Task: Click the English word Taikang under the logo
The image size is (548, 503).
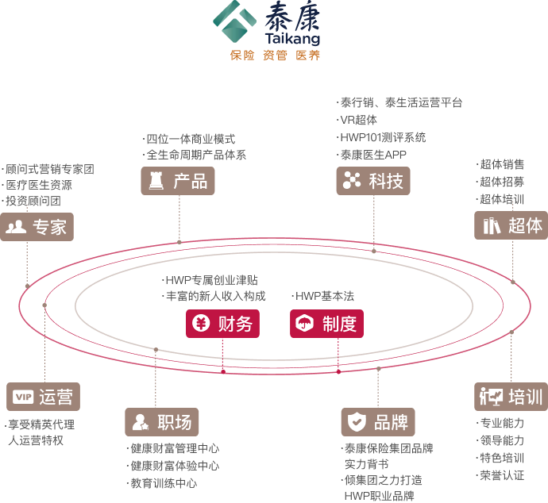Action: tap(291, 38)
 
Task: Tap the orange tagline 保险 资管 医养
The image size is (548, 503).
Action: tap(275, 56)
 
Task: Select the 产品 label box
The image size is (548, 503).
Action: tap(178, 181)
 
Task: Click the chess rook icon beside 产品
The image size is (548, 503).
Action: tap(156, 181)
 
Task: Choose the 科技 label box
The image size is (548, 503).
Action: tap(373, 181)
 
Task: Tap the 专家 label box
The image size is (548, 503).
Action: tap(37, 227)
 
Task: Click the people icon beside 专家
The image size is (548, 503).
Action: tap(16, 228)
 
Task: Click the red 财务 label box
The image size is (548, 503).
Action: tap(223, 324)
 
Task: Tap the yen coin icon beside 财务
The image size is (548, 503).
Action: tap(202, 324)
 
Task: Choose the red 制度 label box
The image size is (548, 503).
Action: tap(326, 324)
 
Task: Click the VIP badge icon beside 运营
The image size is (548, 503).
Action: tap(23, 397)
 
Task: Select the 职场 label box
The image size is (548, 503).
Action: tap(162, 422)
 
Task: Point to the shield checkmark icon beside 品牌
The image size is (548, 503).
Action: tap(357, 422)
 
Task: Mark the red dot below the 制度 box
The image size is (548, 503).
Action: tap(338, 371)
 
